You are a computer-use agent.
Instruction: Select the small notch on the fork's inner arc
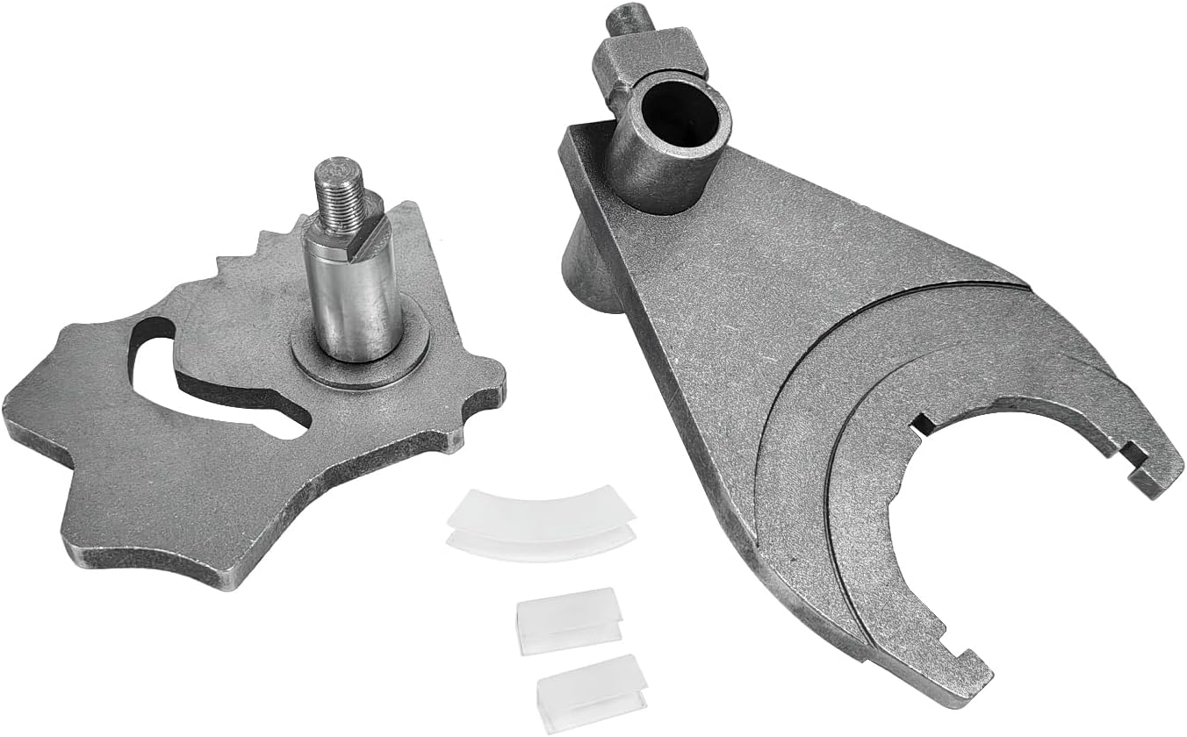pyautogui.click(x=922, y=427)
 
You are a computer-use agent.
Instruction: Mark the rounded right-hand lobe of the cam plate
pyautogui.click(x=487, y=386)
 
